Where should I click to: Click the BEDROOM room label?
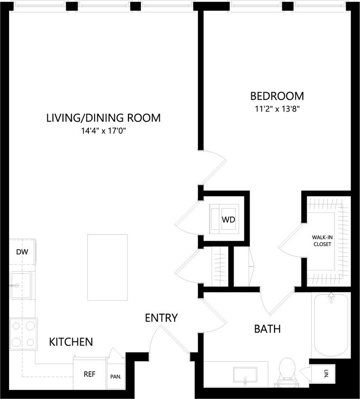277,96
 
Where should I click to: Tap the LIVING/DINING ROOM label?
103,118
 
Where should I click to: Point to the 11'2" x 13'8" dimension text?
277,109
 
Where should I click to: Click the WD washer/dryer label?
229,220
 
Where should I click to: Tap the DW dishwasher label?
22,252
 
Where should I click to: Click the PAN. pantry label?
116,377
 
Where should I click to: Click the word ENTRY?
161,318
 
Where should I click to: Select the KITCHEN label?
71,341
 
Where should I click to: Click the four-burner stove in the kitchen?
23,333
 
